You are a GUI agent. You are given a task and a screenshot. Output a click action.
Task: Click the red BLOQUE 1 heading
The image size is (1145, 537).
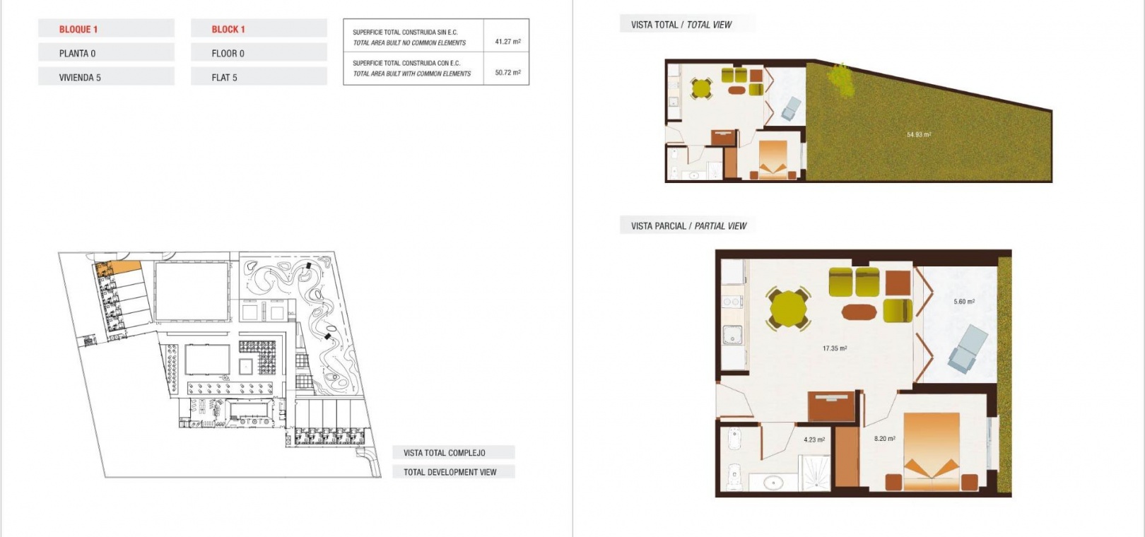78,29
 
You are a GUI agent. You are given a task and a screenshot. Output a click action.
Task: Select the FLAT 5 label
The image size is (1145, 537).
224,78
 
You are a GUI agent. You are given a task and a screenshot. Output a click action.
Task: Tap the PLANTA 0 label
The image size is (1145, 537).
77,53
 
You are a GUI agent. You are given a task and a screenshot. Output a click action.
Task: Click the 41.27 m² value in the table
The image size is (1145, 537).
507,42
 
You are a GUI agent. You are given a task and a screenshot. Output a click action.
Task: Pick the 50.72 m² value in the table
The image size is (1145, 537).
507,73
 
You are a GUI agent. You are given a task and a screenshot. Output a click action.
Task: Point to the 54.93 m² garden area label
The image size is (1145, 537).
919,135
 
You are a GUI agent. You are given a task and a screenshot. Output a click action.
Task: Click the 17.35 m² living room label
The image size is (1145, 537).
835,348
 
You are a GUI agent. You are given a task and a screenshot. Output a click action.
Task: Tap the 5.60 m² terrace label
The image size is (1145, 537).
964,302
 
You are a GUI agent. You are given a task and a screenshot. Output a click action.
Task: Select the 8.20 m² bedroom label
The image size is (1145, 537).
884,438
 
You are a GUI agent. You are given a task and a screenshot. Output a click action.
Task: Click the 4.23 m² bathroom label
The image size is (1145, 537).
814,439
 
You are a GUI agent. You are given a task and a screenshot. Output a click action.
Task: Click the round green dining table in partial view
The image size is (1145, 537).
788,309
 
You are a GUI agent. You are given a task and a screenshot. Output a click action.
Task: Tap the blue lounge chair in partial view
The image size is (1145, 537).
968,348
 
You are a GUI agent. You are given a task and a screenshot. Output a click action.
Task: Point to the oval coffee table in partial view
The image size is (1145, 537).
859,312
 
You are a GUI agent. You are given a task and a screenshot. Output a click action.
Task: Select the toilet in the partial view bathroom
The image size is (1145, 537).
734,476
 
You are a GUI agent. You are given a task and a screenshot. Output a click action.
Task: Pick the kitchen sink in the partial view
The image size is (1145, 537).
732,336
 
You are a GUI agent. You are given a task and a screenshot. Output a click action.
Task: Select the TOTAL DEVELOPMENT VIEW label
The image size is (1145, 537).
450,472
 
